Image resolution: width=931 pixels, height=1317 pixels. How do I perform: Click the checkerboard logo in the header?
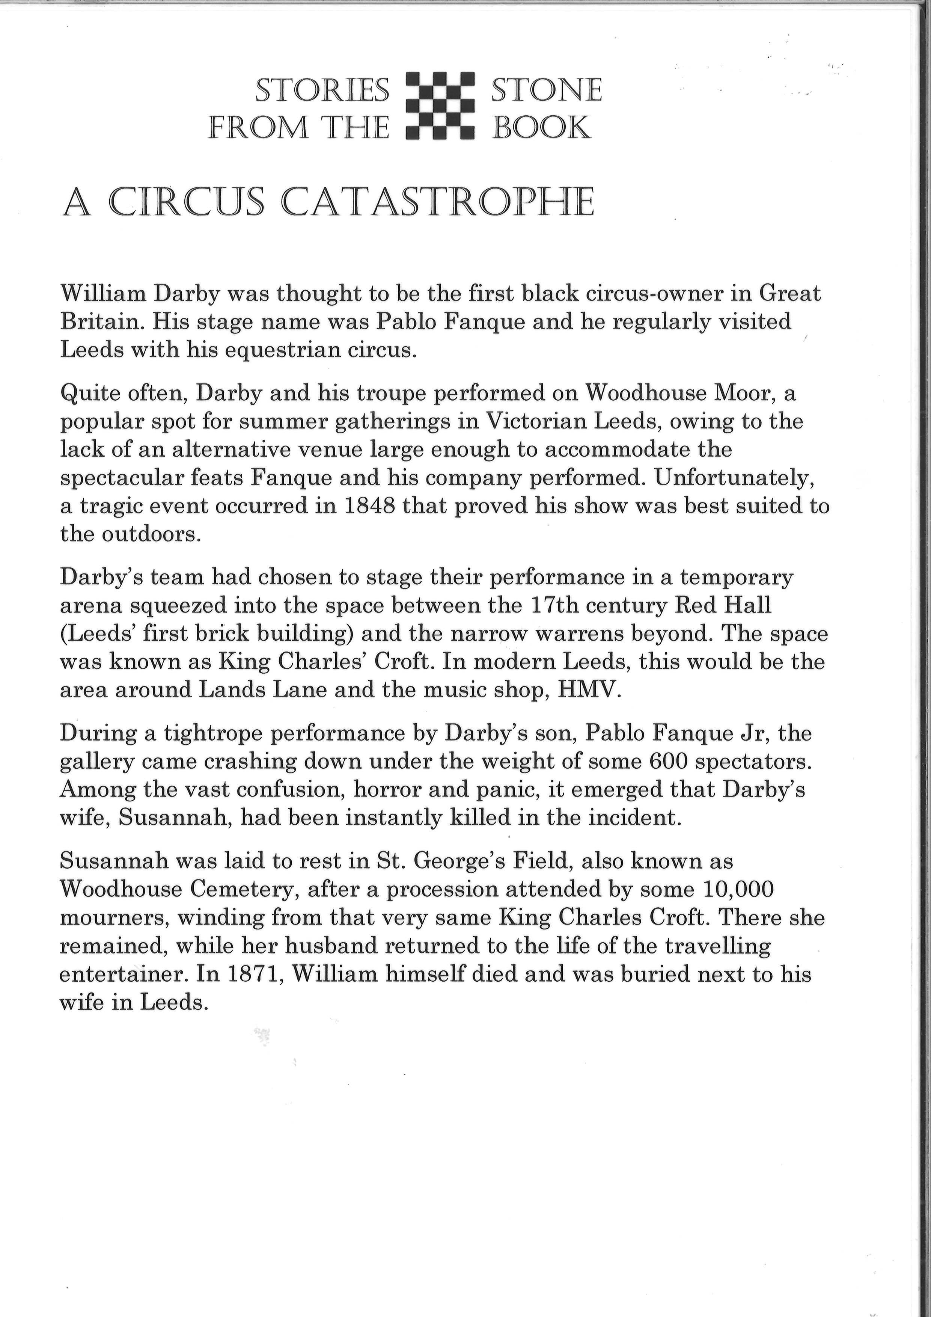click(440, 106)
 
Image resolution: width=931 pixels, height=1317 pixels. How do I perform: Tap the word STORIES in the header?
click(322, 91)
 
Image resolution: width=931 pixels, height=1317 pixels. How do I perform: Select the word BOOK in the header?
click(541, 127)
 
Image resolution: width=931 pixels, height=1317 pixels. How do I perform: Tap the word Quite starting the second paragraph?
click(84, 394)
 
